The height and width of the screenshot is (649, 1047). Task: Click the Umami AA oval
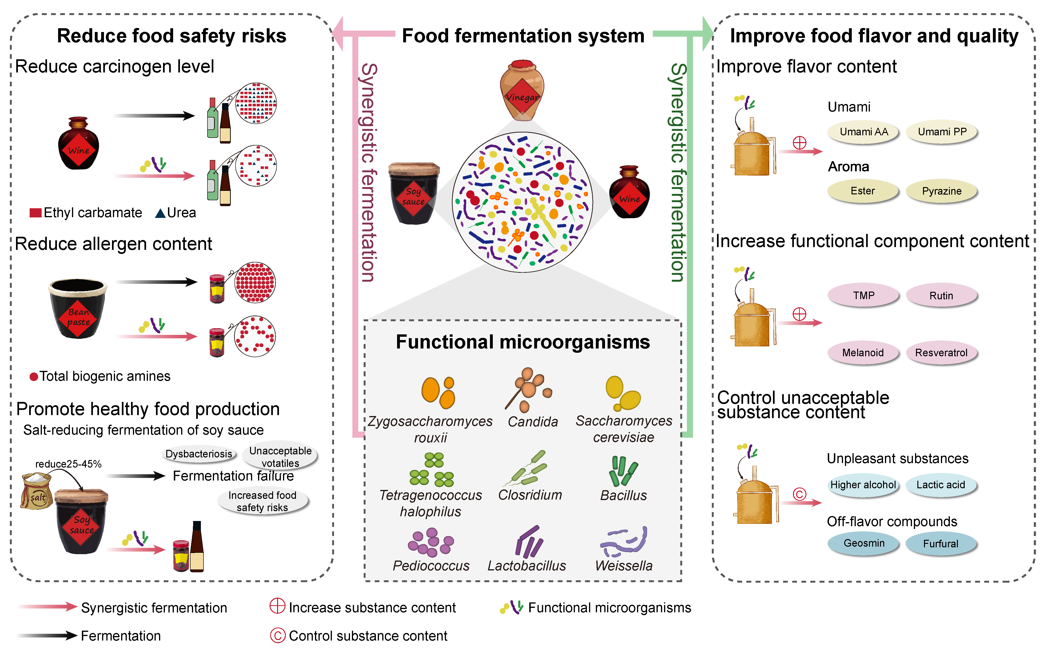click(863, 132)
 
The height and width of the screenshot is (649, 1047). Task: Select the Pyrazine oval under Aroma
click(941, 191)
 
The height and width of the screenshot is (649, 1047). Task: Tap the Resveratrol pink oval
click(941, 353)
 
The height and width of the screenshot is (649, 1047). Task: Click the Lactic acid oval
click(941, 485)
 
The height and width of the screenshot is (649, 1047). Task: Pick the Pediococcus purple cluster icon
click(430, 542)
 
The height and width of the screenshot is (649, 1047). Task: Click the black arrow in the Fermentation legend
click(47, 635)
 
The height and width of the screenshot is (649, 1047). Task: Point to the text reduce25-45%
click(68, 464)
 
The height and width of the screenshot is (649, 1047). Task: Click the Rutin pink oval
click(941, 296)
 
